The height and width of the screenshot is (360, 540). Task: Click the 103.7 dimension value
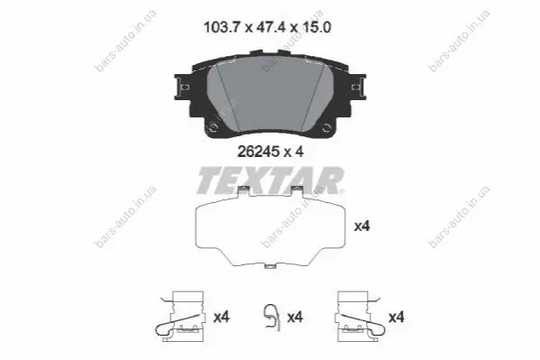pos(221,27)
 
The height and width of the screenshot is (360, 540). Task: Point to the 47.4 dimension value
pos(271,27)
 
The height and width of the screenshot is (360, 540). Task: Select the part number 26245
pos(259,152)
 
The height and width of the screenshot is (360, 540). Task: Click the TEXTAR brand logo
pos(270,180)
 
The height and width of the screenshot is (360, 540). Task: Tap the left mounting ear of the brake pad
pos(182,88)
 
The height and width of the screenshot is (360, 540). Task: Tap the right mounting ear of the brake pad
pos(358,88)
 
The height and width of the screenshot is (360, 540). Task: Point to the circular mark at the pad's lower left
pos(214,127)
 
